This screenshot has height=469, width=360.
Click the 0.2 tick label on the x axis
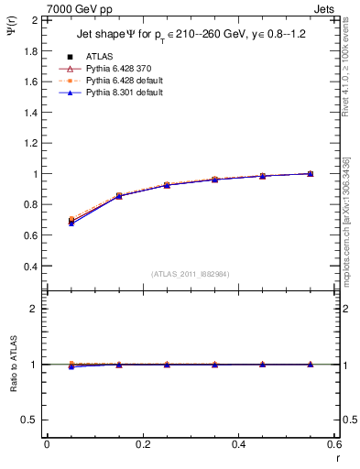[142, 443]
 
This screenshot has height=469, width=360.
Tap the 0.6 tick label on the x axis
[334, 443]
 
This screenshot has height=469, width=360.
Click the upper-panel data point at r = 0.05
[71, 221]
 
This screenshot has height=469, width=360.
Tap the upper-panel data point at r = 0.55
[311, 173]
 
